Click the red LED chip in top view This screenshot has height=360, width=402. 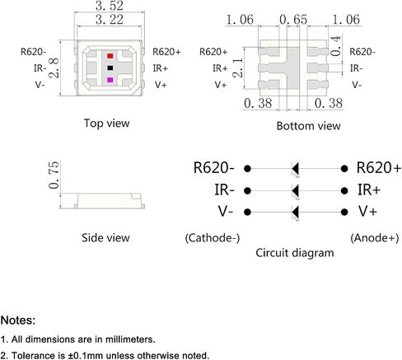click(110, 56)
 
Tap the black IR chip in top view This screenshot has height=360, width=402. click(110, 68)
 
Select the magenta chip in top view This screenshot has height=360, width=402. click(110, 80)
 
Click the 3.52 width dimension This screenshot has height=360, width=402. click(110, 6)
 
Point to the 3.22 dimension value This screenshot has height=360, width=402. click(110, 20)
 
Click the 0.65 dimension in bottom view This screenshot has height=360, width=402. click(293, 20)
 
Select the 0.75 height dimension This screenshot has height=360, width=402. click(54, 175)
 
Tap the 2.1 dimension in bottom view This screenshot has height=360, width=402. click(238, 68)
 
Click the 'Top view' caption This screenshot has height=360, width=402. click(106, 124)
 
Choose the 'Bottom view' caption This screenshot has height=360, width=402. click(308, 126)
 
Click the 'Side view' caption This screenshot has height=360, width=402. click(105, 238)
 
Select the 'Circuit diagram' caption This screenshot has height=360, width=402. click(295, 253)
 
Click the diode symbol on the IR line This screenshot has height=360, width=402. click(295, 190)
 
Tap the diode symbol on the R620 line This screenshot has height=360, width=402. click(295, 169)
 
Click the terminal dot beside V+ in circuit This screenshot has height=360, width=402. click(344, 212)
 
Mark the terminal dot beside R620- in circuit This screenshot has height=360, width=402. click(247, 169)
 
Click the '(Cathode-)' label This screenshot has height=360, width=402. click(213, 238)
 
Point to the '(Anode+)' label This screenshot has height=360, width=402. click(375, 238)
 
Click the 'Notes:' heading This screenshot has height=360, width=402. click(18, 320)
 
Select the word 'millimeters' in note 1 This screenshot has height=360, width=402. click(129, 339)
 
